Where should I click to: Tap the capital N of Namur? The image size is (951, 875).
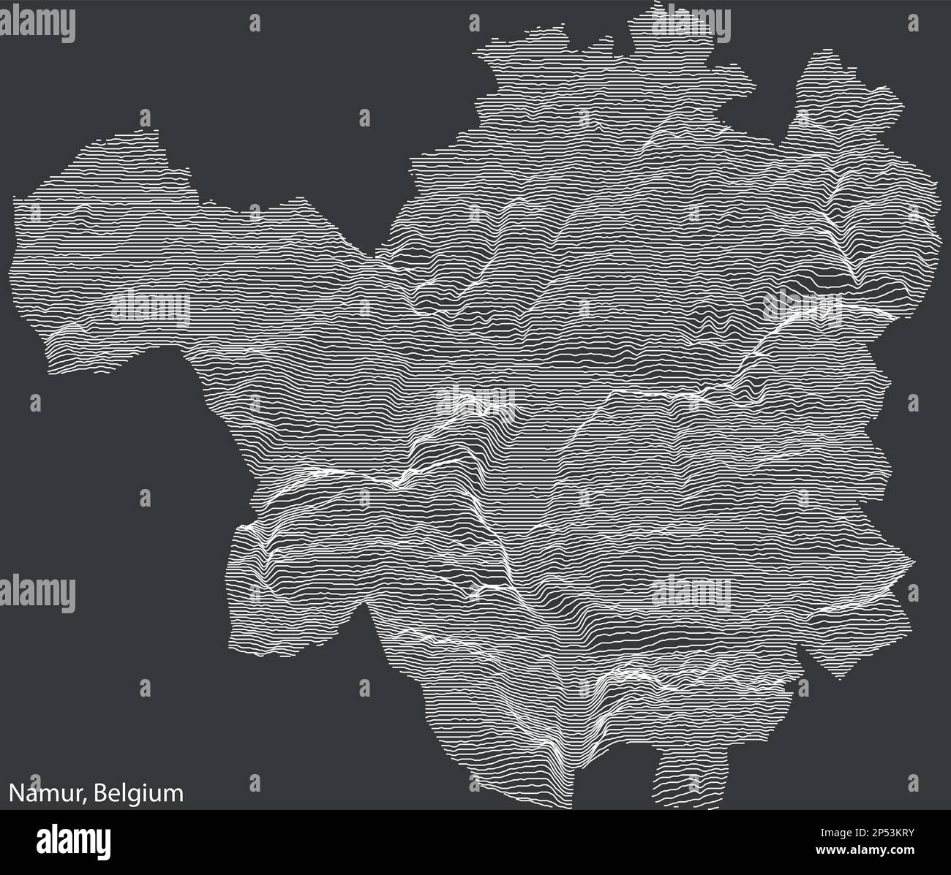[x=15, y=793]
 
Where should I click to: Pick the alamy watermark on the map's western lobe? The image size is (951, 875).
[x=150, y=306]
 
